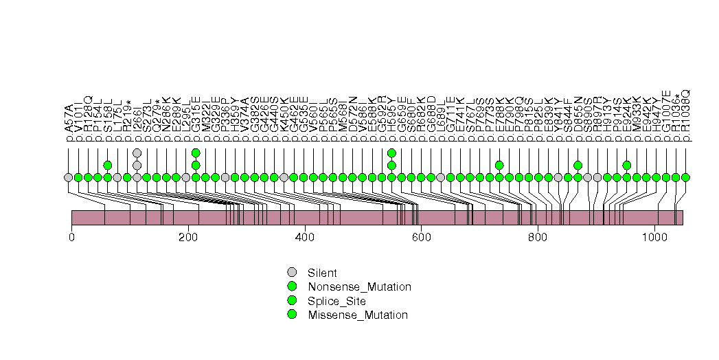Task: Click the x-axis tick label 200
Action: (188, 237)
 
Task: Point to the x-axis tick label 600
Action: (421, 237)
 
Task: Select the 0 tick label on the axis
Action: (71, 237)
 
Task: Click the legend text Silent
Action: (322, 273)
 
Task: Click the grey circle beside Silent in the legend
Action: (292, 273)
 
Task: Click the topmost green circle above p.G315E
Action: (196, 153)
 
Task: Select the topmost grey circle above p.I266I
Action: (137, 153)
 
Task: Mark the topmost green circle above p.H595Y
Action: (391, 153)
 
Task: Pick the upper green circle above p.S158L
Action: (108, 165)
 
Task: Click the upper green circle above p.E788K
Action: (499, 165)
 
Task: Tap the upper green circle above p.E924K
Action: (627, 165)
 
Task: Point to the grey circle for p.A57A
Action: (68, 177)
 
